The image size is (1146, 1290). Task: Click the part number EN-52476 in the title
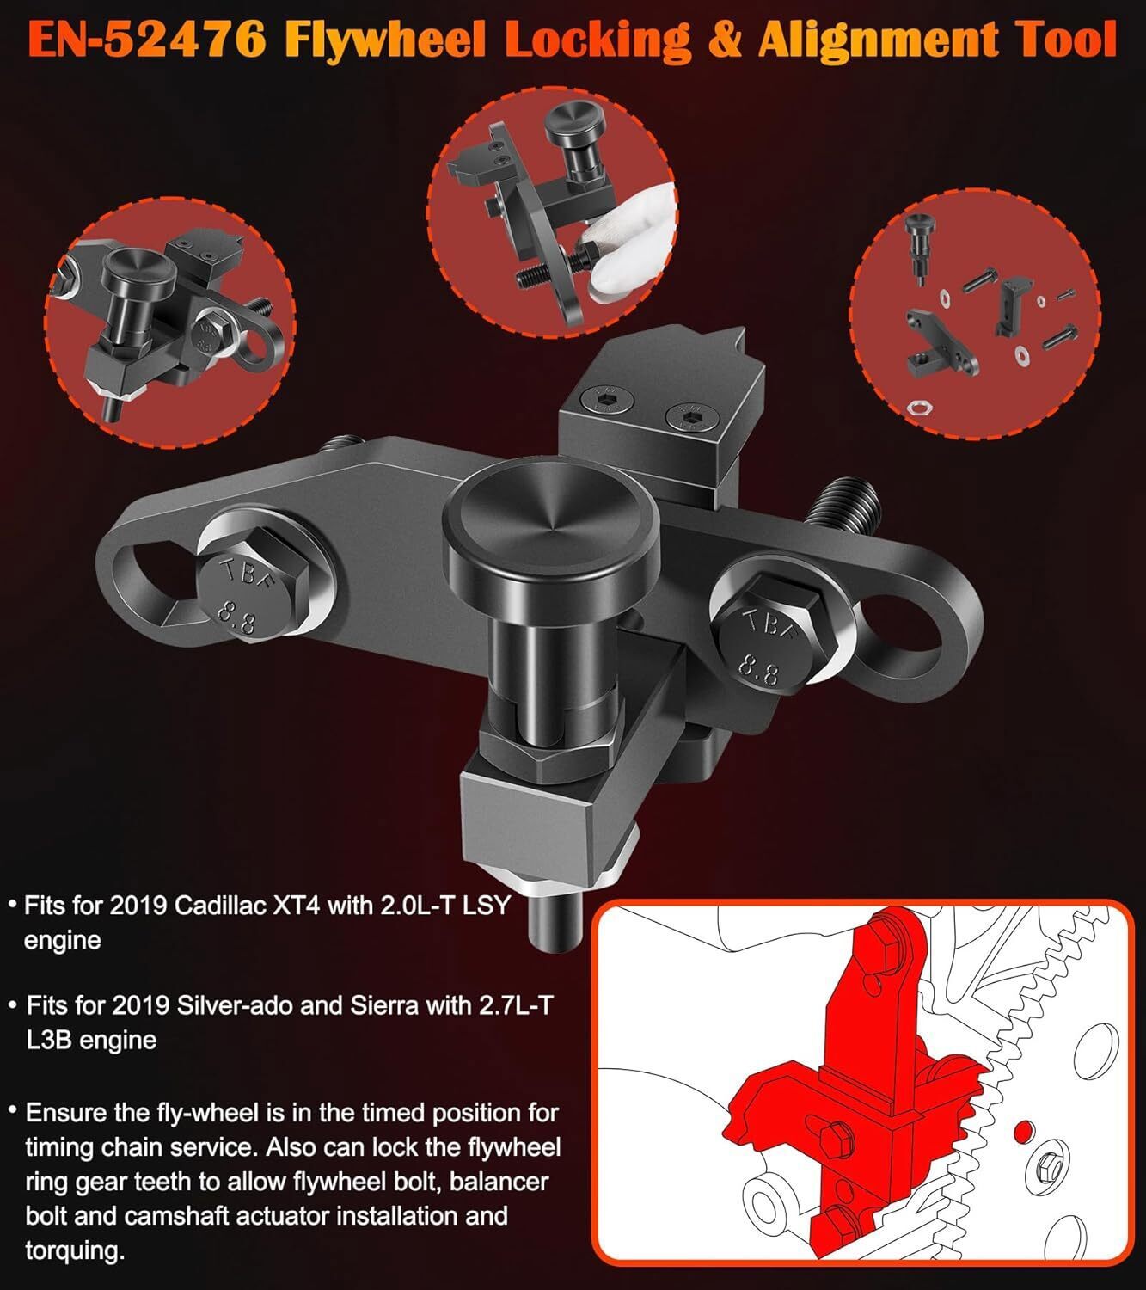coord(147,40)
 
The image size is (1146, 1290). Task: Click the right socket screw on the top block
coord(689,418)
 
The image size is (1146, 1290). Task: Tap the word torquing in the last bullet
coord(75,1250)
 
